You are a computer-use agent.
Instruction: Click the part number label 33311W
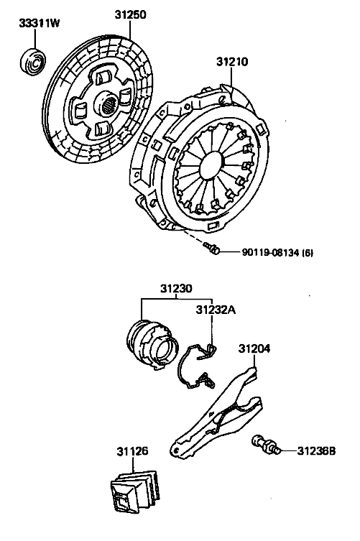pyautogui.click(x=40, y=23)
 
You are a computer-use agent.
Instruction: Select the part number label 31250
pyautogui.click(x=131, y=15)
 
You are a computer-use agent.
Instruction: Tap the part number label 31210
pyautogui.click(x=232, y=62)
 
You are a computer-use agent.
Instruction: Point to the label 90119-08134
pyautogui.click(x=270, y=253)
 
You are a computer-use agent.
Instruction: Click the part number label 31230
pyautogui.click(x=176, y=288)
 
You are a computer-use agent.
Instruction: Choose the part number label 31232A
pyautogui.click(x=216, y=310)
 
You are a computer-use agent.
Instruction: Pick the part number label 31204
pyautogui.click(x=254, y=348)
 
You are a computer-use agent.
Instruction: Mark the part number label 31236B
pyautogui.click(x=316, y=450)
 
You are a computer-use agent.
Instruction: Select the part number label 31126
pyautogui.click(x=132, y=451)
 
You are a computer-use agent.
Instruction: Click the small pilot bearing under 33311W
pyautogui.click(x=32, y=62)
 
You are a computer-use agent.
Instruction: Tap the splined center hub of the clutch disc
pyautogui.click(x=108, y=103)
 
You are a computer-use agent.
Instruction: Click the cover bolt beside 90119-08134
pyautogui.click(x=211, y=248)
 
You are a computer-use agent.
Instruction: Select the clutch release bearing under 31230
pyautogui.click(x=153, y=345)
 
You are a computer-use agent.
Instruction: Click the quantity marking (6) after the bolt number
pyautogui.click(x=308, y=253)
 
